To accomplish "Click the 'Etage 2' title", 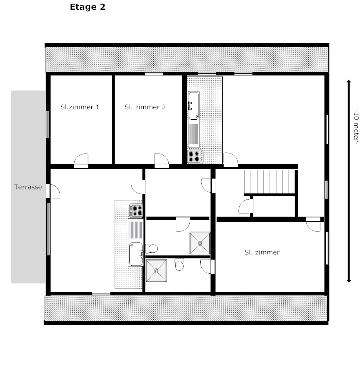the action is [88, 7].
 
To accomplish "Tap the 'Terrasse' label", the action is [28, 187].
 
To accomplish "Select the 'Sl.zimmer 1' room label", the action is [80, 107].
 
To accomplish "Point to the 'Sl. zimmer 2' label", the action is [145, 107].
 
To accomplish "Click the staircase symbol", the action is [270, 182].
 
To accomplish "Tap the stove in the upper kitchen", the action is [195, 157].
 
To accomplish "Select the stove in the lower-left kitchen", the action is [136, 211].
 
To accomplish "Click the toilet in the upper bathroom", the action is [151, 248].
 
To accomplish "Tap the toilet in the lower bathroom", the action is [179, 265].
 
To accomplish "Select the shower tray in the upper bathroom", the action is [200, 243].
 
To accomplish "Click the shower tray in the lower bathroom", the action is [156, 270].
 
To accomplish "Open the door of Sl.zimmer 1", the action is [81, 161].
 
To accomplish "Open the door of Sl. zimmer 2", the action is [161, 161].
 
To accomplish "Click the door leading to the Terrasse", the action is [53, 191].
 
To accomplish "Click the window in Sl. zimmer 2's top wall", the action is [154, 74].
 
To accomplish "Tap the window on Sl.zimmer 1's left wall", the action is [48, 125].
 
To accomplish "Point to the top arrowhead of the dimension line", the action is [349, 81].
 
